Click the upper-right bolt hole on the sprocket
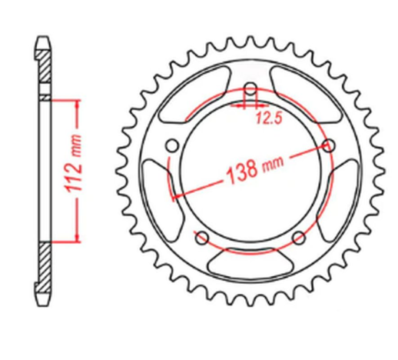click(331, 145)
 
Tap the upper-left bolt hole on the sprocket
click(171, 146)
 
